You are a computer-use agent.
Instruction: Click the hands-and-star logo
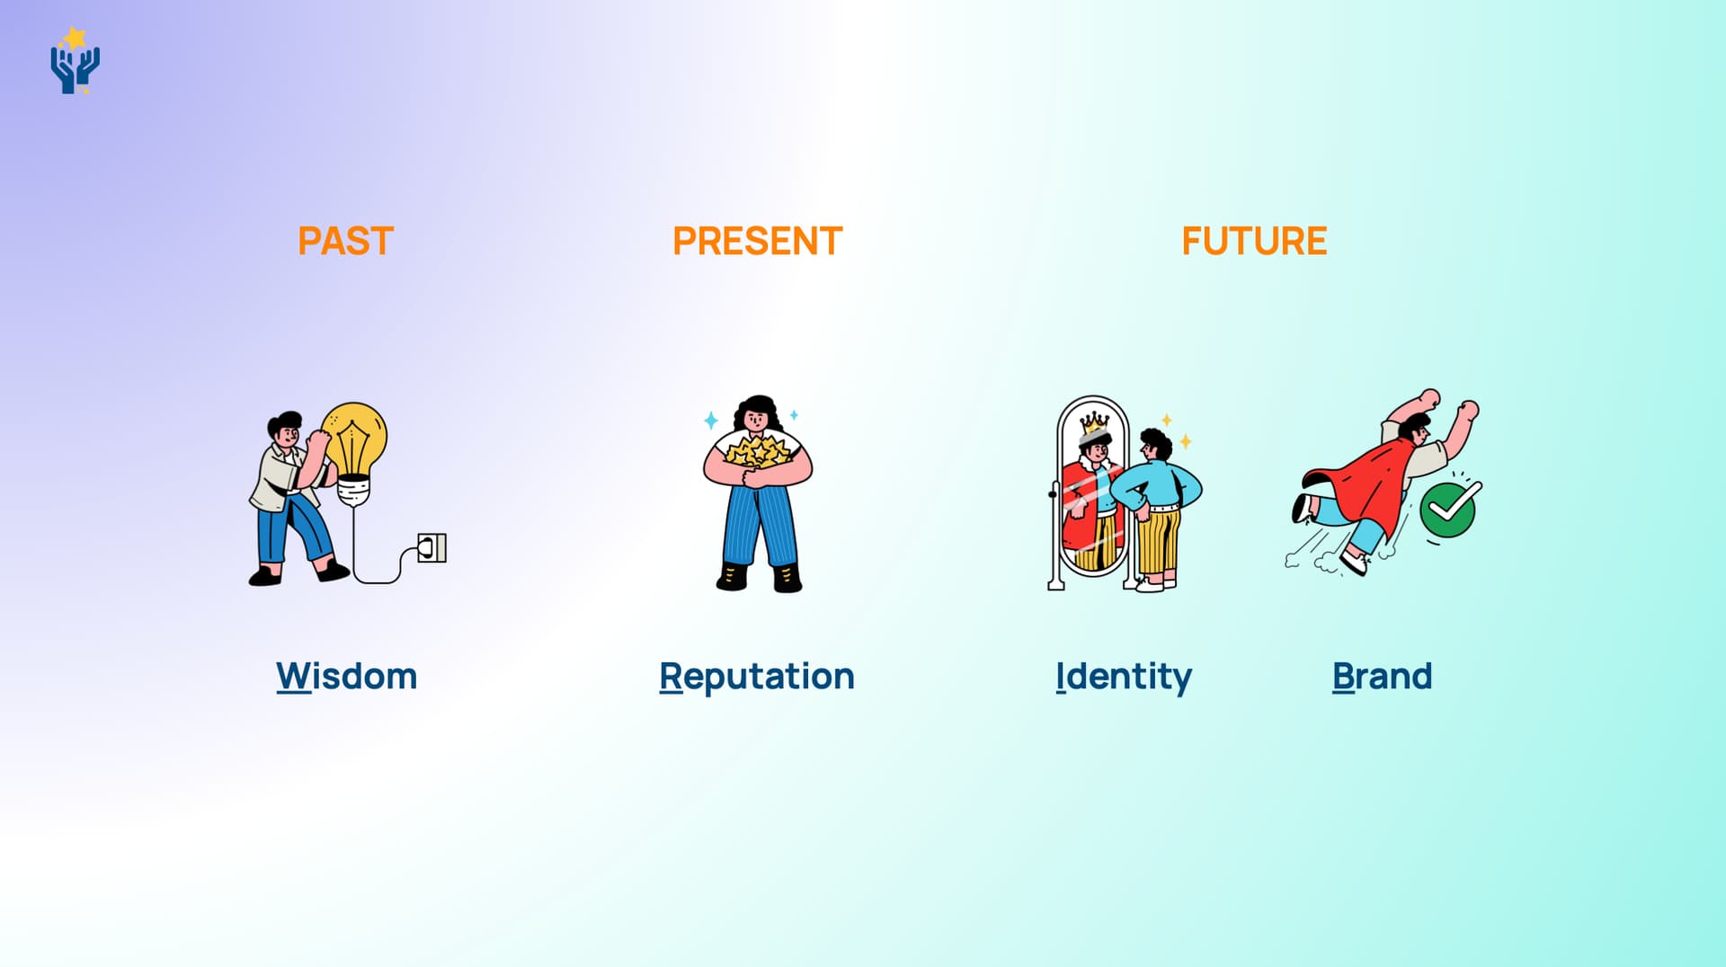[75, 60]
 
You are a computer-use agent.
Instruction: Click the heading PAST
[346, 241]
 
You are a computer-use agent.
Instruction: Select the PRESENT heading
[757, 241]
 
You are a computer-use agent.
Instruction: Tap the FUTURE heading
[1254, 241]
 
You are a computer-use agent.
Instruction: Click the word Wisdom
[346, 676]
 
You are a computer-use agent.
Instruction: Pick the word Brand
[1382, 676]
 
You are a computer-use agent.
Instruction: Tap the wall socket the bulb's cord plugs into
[432, 548]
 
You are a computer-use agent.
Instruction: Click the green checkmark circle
[1448, 510]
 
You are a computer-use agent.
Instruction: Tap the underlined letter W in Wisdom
[293, 676]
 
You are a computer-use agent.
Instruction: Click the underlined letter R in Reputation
[671, 676]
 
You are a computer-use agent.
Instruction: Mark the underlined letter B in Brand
[1343, 676]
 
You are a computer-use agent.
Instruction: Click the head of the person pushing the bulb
[285, 430]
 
